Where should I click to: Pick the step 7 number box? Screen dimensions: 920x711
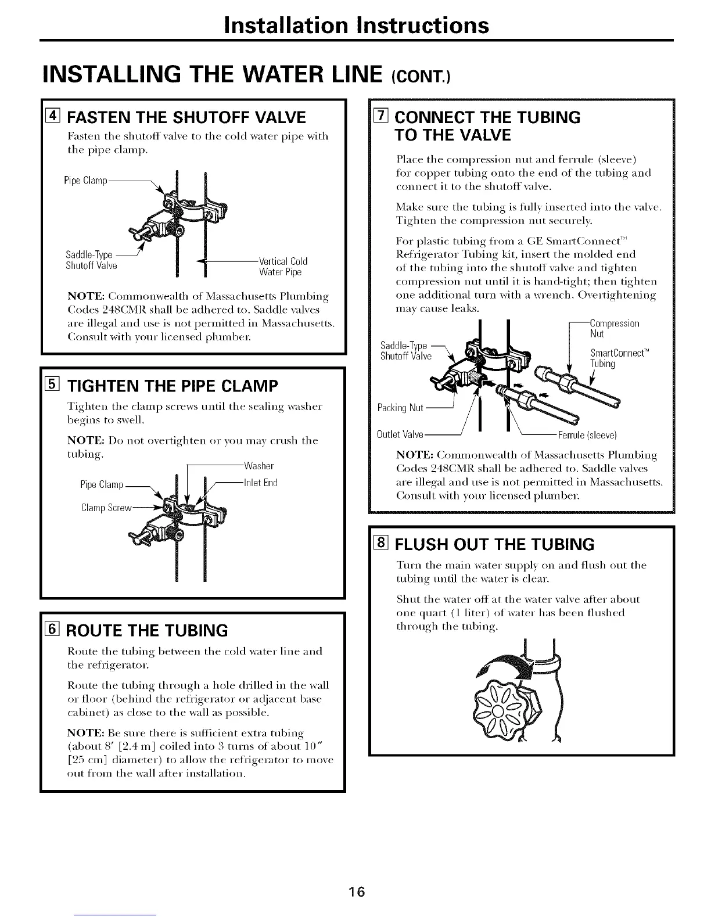pos(380,118)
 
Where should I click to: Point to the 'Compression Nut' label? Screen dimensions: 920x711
pos(614,329)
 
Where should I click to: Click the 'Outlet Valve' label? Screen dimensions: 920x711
pos(400,434)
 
